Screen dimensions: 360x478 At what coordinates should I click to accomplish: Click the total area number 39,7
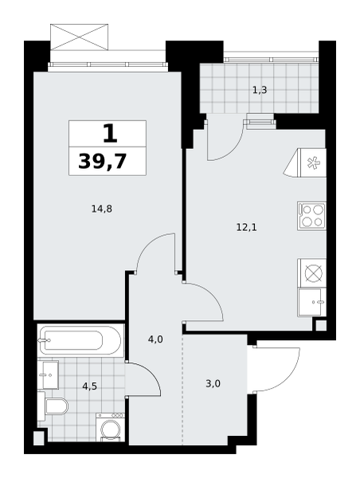[x=102, y=161]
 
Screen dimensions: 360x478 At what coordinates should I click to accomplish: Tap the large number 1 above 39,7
[x=110, y=134]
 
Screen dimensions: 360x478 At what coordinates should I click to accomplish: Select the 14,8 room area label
[x=102, y=209]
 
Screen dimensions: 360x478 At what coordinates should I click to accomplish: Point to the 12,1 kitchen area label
[x=247, y=227]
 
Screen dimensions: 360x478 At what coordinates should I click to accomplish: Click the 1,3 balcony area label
[x=260, y=90]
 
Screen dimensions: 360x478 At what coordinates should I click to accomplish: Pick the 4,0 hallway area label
[x=155, y=339]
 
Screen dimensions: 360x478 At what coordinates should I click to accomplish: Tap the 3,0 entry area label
[x=213, y=383]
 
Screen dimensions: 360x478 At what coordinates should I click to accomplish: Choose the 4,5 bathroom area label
[x=90, y=386]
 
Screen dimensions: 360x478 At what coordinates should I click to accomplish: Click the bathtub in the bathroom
[x=80, y=340]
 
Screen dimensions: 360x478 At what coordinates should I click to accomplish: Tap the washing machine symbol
[x=111, y=427]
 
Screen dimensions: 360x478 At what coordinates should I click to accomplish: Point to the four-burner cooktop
[x=312, y=216]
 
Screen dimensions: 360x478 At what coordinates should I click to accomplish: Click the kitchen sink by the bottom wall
[x=312, y=302]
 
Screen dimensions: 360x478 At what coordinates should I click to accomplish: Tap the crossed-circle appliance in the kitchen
[x=312, y=273]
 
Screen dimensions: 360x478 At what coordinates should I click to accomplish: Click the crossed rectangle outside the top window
[x=80, y=37]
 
